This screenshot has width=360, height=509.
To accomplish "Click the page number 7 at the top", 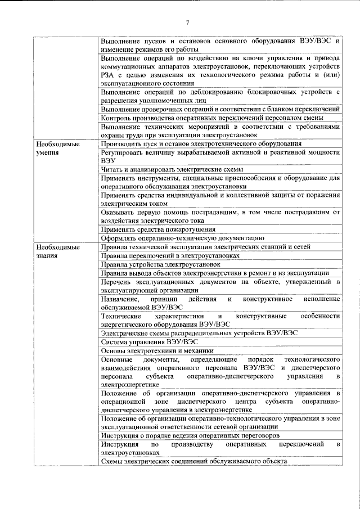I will click(188, 22).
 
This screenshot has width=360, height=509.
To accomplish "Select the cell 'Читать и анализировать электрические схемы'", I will click(172, 169).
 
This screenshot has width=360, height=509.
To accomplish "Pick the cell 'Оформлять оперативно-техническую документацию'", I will click(178, 238).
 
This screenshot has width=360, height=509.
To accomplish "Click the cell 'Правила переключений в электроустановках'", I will click(170, 255).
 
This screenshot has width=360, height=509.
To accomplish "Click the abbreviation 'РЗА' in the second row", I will click(108, 75).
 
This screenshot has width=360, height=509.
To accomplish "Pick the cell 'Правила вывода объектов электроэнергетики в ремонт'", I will click(214, 273).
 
